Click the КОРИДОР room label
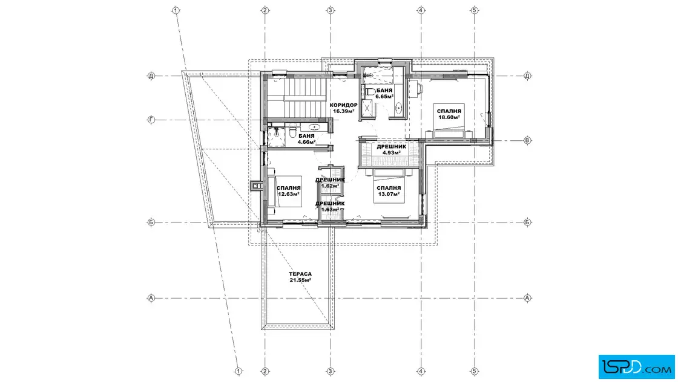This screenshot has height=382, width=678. pos(343,105)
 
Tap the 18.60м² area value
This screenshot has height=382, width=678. pos(449,117)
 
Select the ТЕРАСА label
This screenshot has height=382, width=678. pos(300,274)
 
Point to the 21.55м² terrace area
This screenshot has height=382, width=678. pos(300,280)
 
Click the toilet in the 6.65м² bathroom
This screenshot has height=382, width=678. pos(370,91)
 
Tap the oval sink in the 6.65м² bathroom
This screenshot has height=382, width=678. pos(398,108)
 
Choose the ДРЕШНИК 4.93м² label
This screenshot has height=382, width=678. pos(391,149)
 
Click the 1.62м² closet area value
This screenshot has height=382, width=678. pos(330,186)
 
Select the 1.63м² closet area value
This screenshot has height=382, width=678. pos(330,209)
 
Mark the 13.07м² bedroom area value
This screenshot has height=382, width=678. pos(388,194)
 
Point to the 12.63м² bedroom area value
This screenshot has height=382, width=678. pos(288,194)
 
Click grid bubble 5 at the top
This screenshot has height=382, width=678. pos(475,10)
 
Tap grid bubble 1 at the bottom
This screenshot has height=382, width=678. pos(239,371)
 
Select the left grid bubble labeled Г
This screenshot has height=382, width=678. pos(151,120)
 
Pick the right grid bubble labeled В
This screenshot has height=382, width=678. pos(527,140)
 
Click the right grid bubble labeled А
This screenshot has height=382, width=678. pos(527,298)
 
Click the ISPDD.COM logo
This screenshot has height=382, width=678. pos(636,367)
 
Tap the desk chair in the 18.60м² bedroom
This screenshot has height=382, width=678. pos(420,88)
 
